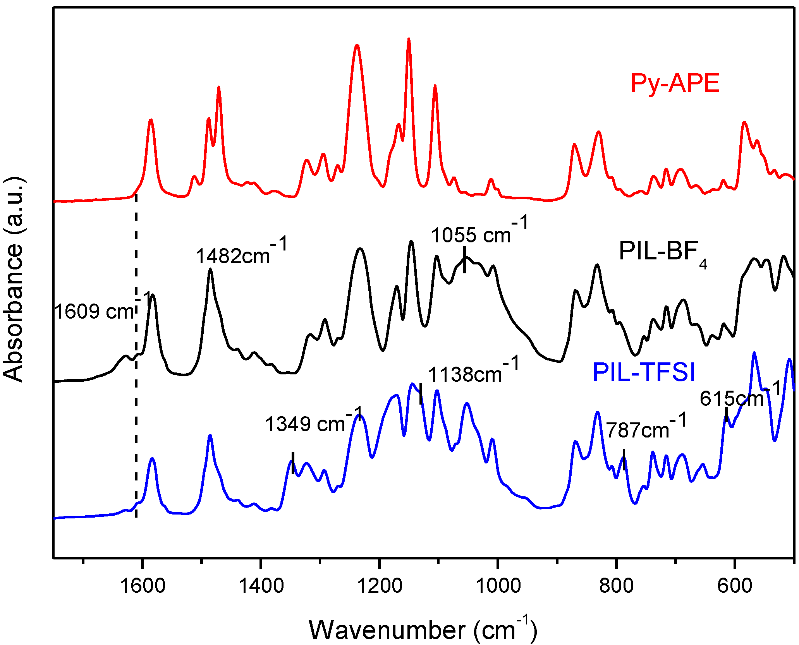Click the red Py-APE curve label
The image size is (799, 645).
[675, 83]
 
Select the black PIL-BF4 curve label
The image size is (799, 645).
[662, 252]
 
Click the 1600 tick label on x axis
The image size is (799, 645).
[143, 585]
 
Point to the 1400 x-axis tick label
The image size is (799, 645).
[261, 585]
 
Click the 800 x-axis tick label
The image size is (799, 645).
[617, 585]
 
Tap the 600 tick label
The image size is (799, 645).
[735, 585]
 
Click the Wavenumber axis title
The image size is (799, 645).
[423, 630]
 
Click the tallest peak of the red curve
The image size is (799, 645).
[409, 40]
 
